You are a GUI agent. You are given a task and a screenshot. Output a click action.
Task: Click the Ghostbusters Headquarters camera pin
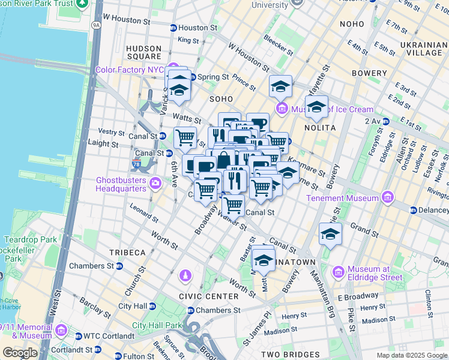pos(155,182)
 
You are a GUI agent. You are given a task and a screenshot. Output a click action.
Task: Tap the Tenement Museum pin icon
pos(387,197)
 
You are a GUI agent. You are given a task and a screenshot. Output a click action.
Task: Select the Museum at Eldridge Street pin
pos(338,272)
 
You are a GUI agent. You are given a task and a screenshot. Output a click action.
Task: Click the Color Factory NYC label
pos(130,70)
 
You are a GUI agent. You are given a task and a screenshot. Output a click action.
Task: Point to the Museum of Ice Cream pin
pos(281,109)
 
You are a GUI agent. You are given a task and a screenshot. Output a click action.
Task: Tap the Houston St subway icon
pos(173,28)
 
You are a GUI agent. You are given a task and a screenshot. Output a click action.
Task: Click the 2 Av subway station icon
pos(385,121)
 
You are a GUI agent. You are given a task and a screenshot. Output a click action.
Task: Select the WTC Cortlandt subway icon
pos(79,335)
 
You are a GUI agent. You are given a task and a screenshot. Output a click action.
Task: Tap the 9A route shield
pos(95,26)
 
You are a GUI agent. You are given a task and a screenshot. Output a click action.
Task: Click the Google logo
pos(20,352)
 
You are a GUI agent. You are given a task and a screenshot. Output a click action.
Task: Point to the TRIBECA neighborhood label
pos(127,252)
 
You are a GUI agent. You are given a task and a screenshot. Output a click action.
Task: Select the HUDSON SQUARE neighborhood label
pos(143,53)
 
